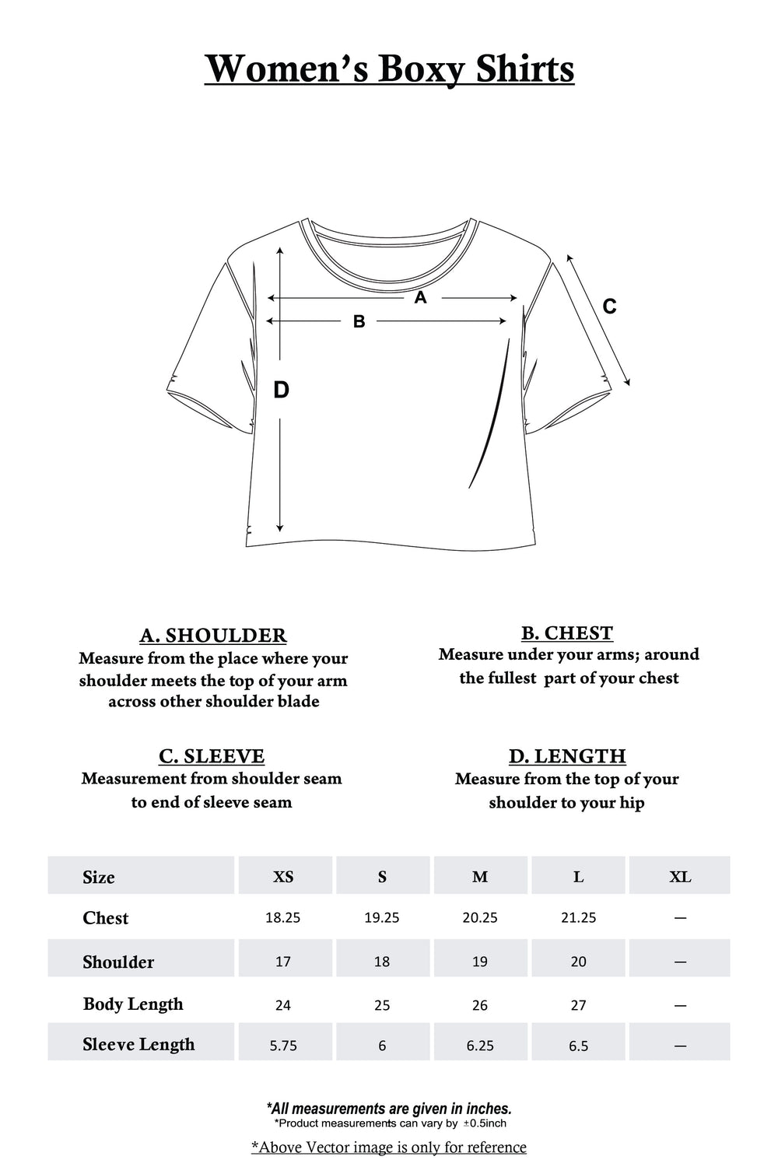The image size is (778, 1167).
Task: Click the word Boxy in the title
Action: click(421, 69)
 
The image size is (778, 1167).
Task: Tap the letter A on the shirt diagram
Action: click(420, 297)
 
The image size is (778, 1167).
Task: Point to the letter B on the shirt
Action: click(359, 321)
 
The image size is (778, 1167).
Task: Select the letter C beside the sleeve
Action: click(609, 307)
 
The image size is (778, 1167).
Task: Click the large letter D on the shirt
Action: click(281, 390)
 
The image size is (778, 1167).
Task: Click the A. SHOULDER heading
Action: click(213, 636)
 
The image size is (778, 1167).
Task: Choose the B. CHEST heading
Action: click(567, 633)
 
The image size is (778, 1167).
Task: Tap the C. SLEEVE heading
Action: click(212, 756)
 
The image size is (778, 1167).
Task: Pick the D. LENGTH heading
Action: click(567, 756)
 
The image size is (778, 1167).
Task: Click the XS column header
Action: click(283, 877)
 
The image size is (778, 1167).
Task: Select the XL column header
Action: click(680, 877)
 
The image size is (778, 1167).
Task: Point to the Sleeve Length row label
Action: click(138, 1044)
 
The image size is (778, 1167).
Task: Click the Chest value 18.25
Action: click(282, 918)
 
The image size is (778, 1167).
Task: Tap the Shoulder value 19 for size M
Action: click(480, 962)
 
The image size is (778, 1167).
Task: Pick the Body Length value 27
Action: click(578, 1005)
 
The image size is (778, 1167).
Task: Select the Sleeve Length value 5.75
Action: click(283, 1046)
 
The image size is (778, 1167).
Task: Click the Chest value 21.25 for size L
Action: click(578, 918)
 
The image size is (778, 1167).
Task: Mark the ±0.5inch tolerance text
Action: click(485, 1123)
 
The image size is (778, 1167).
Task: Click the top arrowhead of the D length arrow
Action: click(280, 251)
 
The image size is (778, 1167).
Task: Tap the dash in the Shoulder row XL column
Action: click(680, 962)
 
